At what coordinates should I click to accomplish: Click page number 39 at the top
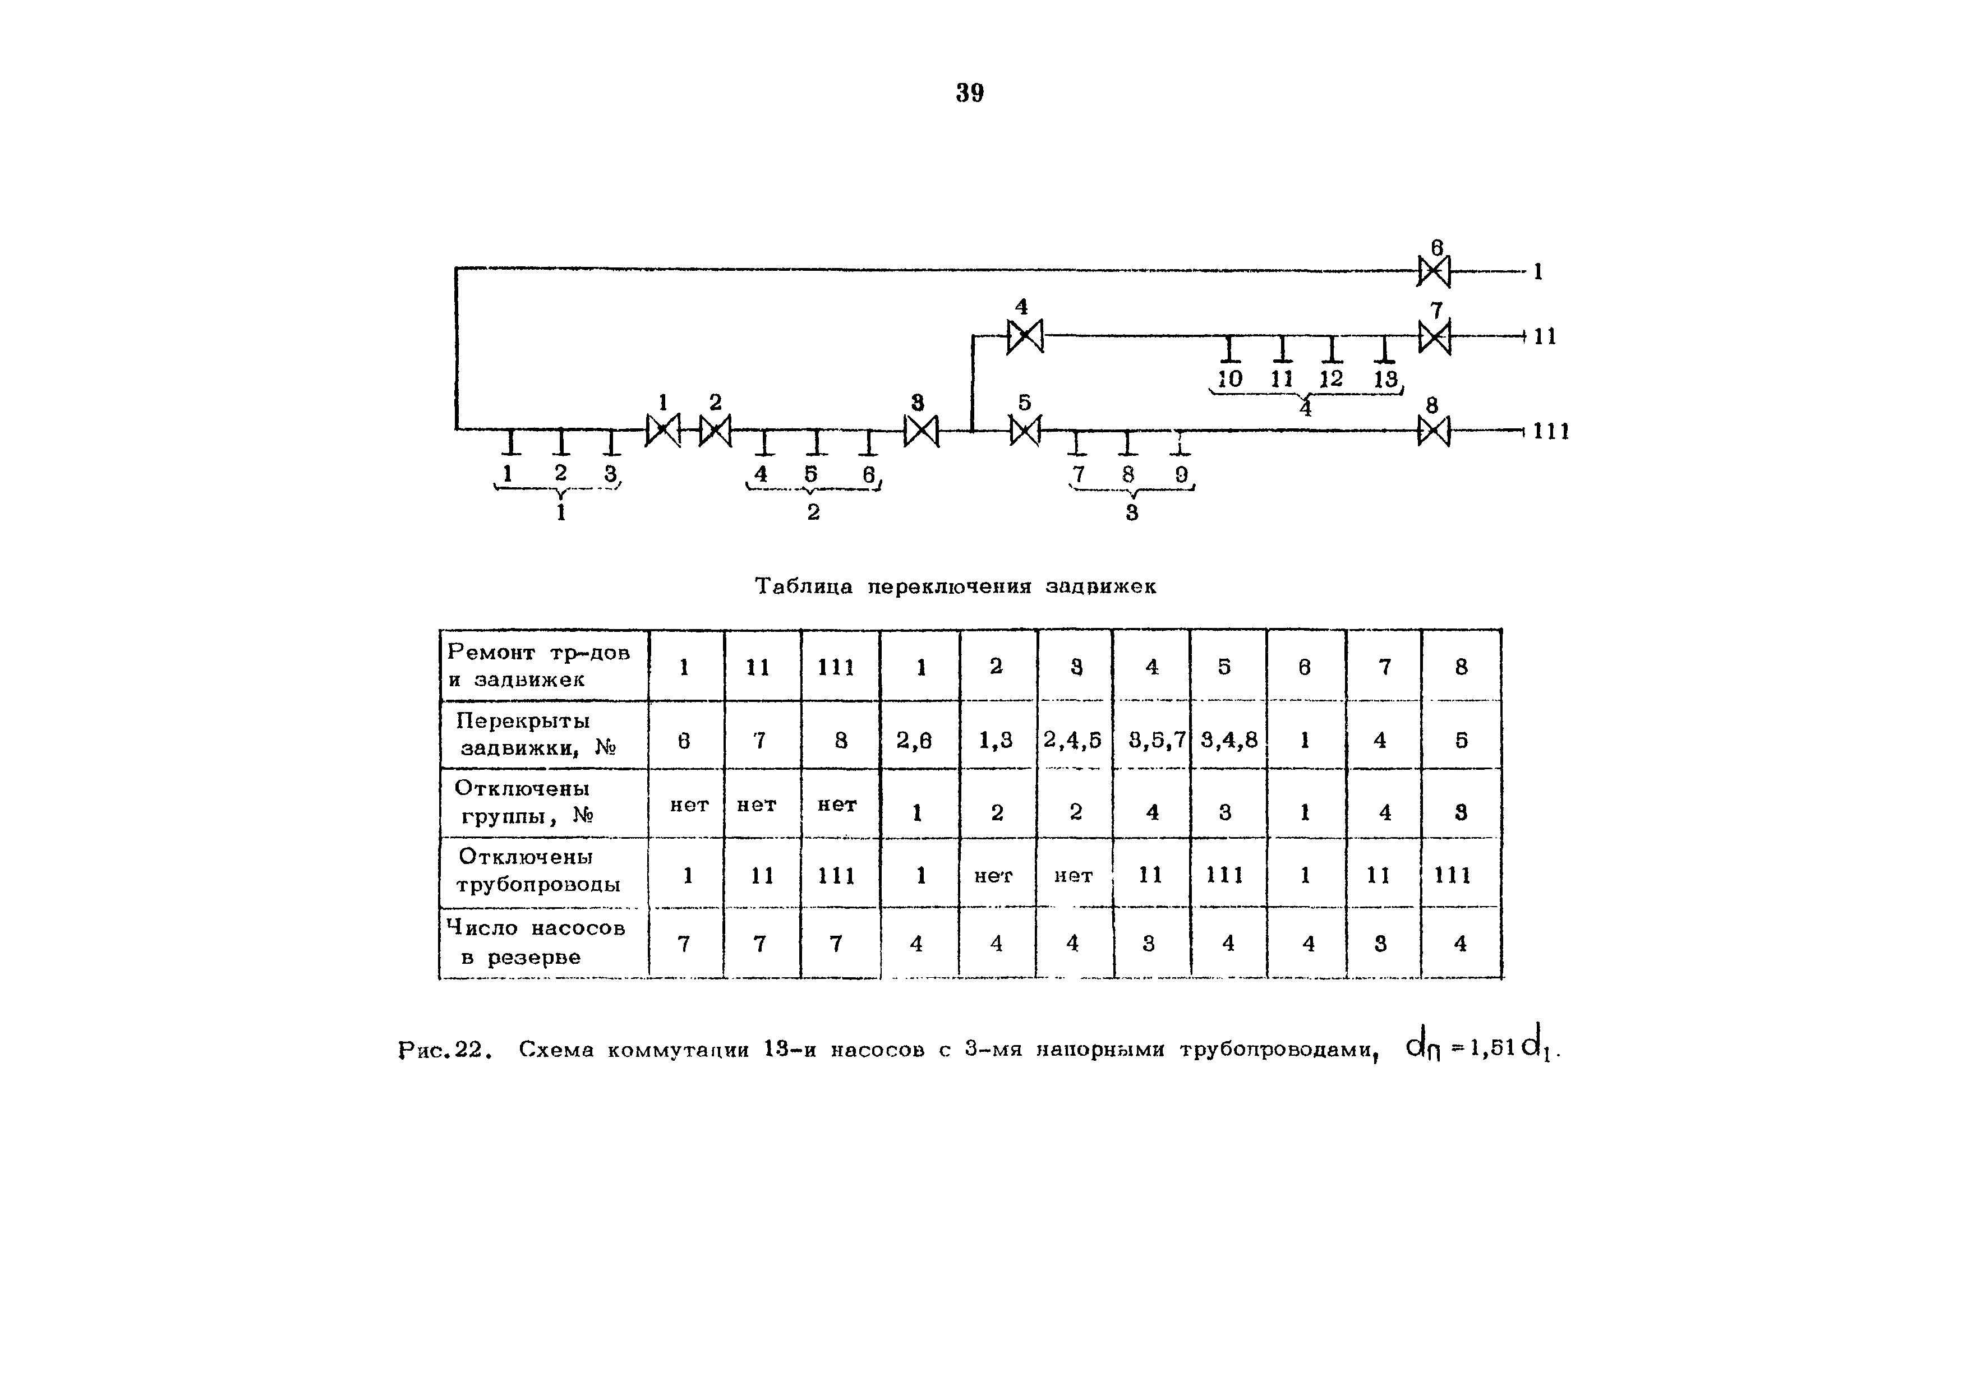[x=970, y=93]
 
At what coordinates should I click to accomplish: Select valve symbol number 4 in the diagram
[x=1025, y=336]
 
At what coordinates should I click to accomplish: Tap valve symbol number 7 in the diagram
[x=1435, y=336]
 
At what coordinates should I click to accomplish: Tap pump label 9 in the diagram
[x=1181, y=474]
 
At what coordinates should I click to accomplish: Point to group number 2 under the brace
[x=813, y=512]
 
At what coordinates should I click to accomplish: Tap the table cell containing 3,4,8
[x=1228, y=739]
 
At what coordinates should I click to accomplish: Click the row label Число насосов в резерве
[x=536, y=942]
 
